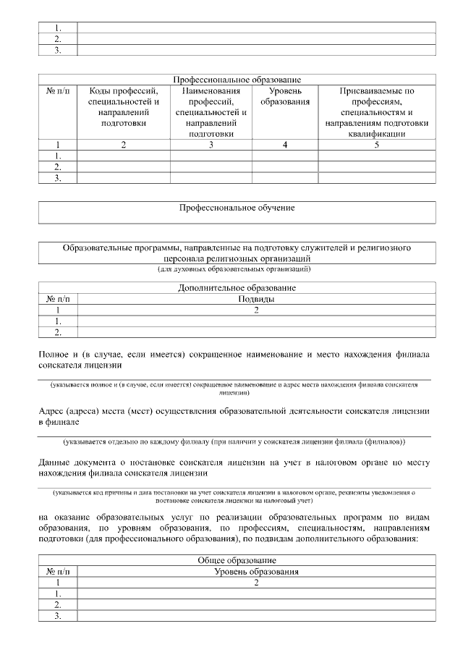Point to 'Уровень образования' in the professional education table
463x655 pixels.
[285, 96]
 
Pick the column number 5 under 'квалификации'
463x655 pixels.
[377, 145]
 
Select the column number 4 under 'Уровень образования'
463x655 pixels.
[285, 145]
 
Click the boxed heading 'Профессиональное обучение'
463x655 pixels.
[237, 208]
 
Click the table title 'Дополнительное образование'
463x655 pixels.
[237, 288]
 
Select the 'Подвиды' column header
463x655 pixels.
[256, 299]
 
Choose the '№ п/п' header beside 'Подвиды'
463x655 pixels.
[58, 299]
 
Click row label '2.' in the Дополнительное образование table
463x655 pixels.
[58, 333]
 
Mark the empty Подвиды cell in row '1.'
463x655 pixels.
[256, 321]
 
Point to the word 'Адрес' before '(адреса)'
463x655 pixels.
[52, 411]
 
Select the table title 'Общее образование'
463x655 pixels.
[237, 561]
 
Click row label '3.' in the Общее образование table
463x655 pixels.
[58, 617]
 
